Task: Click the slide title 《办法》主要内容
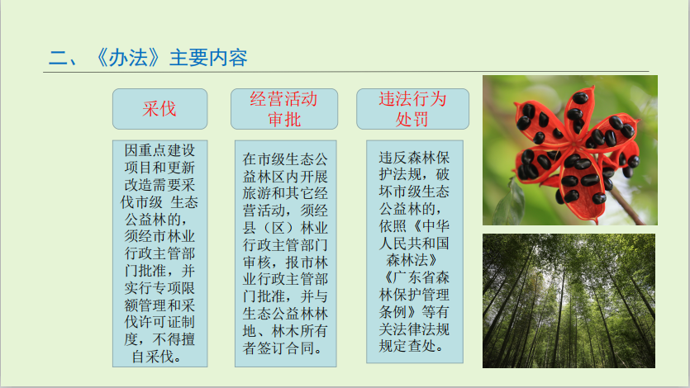(172, 58)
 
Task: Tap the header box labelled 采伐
(159, 109)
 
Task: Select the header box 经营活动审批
(284, 109)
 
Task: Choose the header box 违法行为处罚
(413, 109)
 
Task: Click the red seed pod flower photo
(570, 150)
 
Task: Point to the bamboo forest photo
(569, 301)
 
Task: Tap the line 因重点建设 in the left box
(159, 150)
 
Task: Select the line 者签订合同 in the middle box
(282, 348)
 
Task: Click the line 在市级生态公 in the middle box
(285, 159)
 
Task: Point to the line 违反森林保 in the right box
(414, 158)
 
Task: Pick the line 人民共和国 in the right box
(414, 243)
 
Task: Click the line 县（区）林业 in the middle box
(285, 228)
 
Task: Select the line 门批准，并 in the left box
(159, 271)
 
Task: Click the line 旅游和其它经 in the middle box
(285, 193)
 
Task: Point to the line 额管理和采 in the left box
(159, 305)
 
